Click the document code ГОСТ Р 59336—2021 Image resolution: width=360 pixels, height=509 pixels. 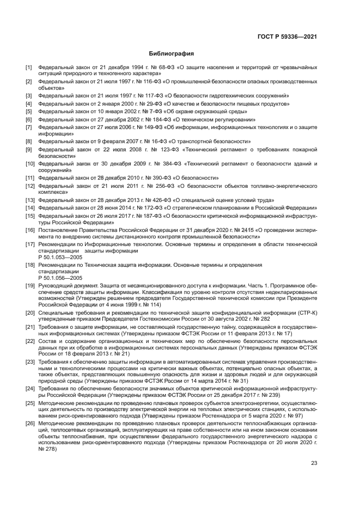[x=287, y=36]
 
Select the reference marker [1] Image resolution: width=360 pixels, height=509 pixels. [x=29, y=68]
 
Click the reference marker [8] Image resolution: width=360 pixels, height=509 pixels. [x=29, y=141]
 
